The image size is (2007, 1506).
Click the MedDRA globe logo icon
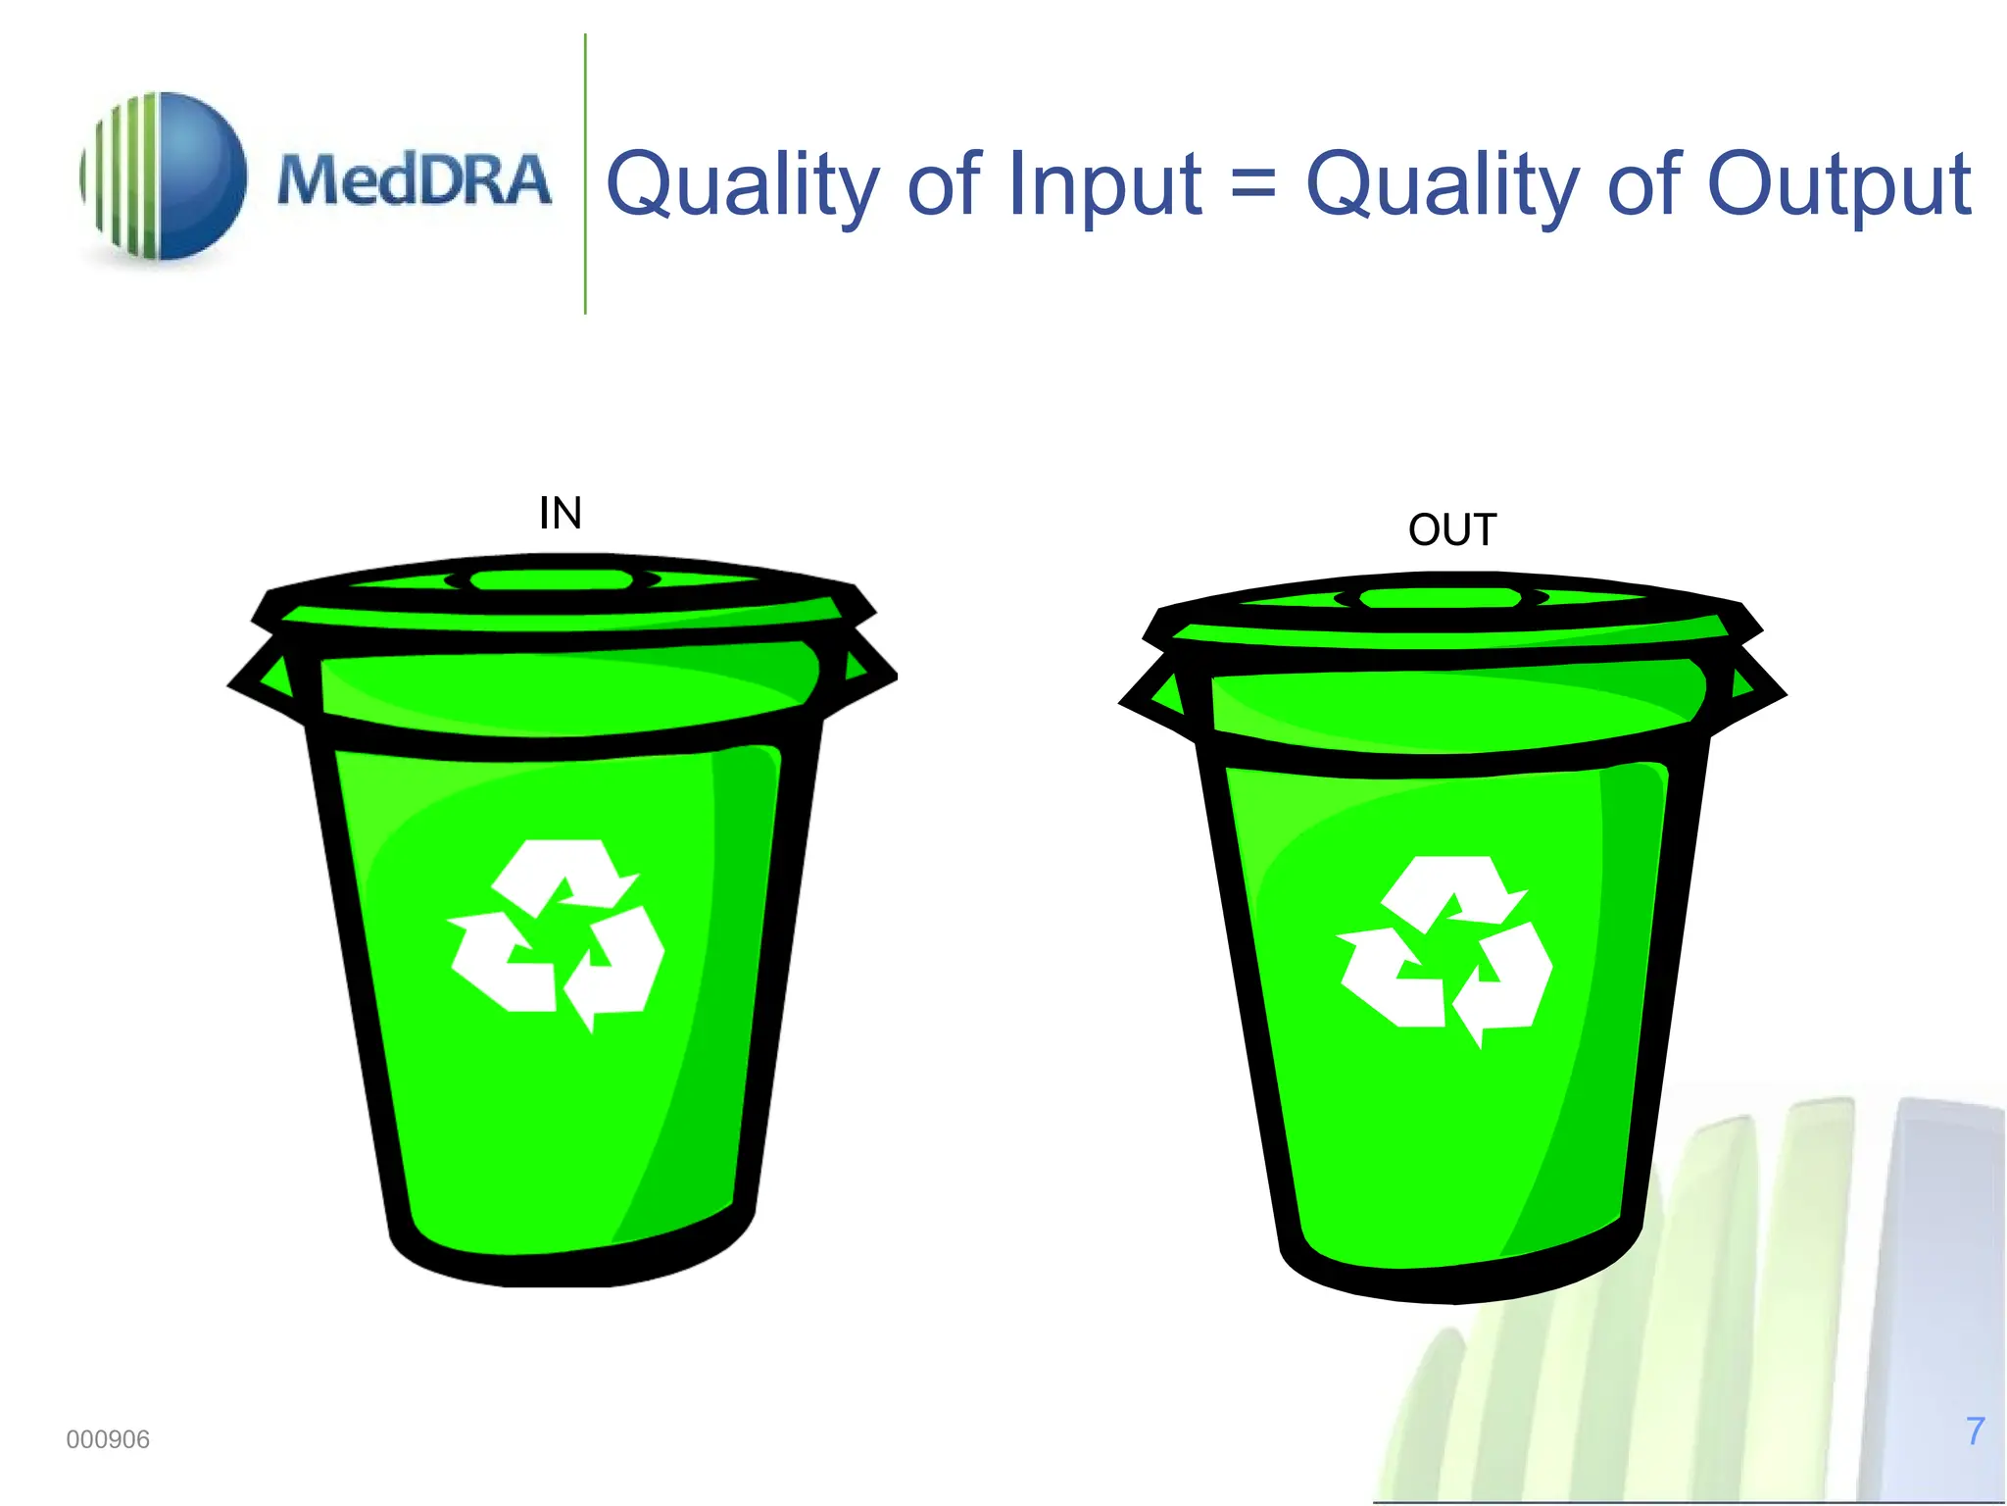[x=164, y=176]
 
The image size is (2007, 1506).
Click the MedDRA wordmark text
[x=414, y=180]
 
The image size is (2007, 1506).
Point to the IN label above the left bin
[x=561, y=513]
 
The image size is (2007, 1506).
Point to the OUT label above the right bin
[x=1452, y=530]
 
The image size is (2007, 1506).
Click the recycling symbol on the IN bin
[x=557, y=933]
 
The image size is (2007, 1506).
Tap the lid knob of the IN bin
[x=552, y=579]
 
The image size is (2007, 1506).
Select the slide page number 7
[x=1975, y=1431]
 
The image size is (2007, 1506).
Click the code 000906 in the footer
[x=108, y=1439]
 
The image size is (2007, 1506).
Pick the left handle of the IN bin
[x=265, y=677]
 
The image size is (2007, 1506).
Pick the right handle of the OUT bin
[x=1751, y=686]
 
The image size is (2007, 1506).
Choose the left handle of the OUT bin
[x=1156, y=694]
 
